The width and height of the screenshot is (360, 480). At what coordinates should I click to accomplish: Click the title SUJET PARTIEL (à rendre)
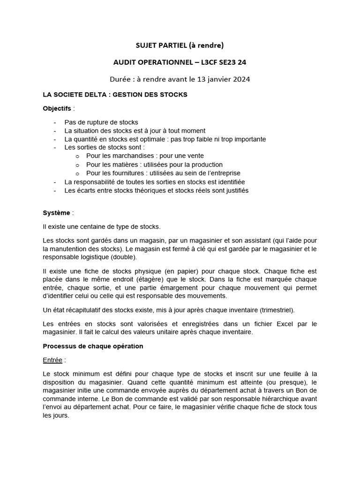180,45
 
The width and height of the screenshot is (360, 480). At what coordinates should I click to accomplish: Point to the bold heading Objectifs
57,108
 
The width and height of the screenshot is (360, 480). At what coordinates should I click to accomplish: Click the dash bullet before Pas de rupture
55,122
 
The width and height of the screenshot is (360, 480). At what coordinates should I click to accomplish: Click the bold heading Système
57,213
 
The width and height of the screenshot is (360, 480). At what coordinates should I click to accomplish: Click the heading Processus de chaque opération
93,346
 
